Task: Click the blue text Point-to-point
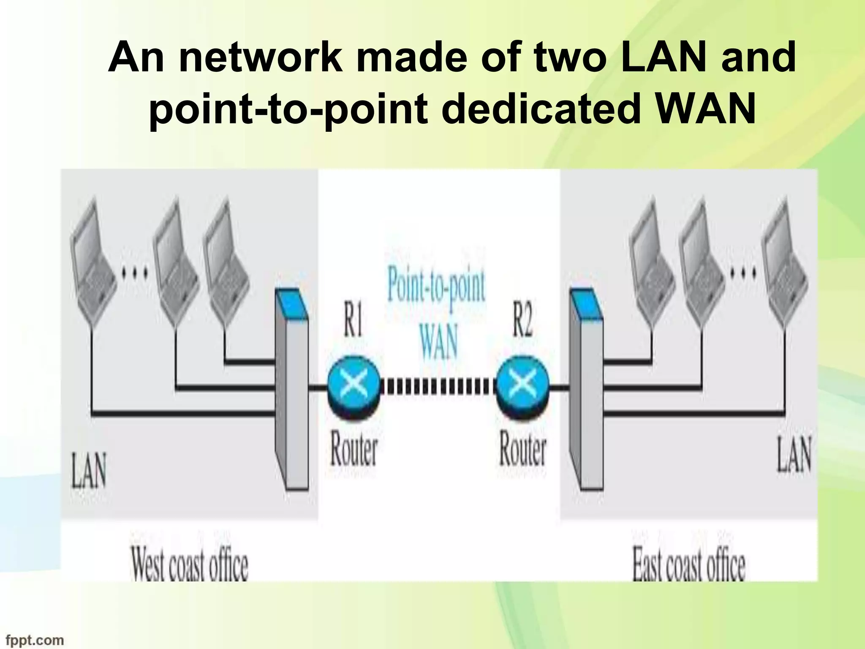(436, 287)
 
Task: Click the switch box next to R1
(291, 393)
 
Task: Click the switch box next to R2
(586, 393)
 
